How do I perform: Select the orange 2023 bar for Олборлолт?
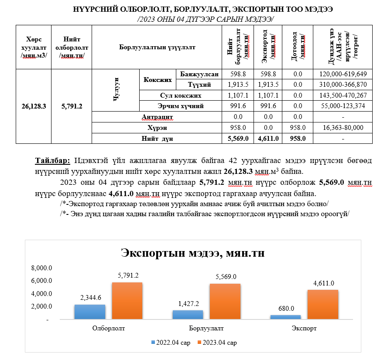point(127,301)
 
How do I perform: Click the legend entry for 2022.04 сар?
point(170,343)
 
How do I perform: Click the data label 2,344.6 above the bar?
point(90,298)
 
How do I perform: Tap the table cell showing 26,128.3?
point(34,106)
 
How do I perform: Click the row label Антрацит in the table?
point(158,117)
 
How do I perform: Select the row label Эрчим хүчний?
point(181,106)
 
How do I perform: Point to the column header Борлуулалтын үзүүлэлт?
point(157,47)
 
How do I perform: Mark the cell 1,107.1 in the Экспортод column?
point(268,95)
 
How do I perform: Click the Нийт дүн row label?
point(158,139)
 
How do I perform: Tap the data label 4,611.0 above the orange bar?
point(323,283)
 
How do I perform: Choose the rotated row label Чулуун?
point(116,90)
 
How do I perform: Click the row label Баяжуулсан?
point(199,74)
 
